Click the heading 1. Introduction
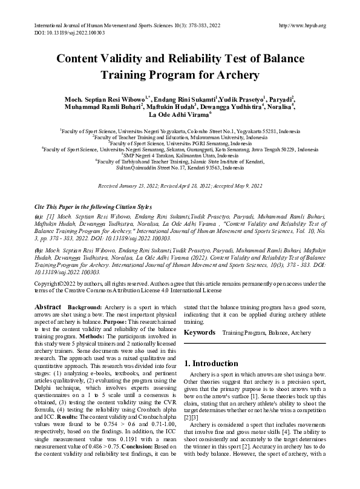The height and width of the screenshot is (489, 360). click(211, 363)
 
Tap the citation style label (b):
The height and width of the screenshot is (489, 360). click(39, 249)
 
